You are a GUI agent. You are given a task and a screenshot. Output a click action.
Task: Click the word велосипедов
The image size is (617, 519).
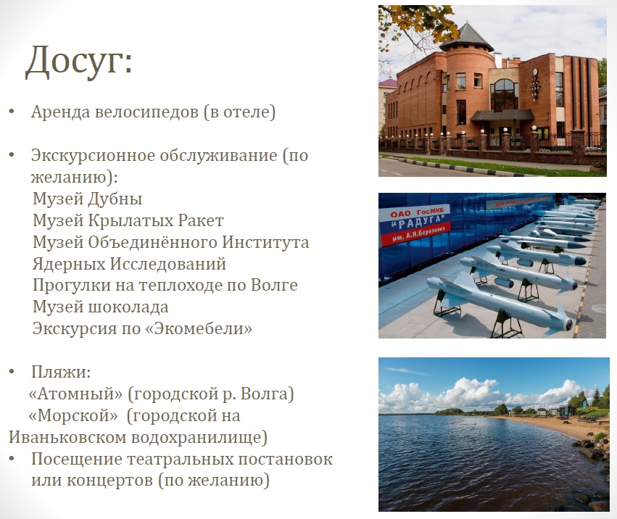click(x=146, y=112)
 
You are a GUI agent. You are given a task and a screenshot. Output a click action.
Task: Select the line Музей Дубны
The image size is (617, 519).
click(x=87, y=199)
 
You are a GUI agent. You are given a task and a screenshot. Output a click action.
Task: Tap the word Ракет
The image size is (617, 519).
click(x=201, y=220)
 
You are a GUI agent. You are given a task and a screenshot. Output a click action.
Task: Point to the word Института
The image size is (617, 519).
click(x=265, y=242)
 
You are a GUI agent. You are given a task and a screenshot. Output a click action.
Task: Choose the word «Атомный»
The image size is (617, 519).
click(x=75, y=394)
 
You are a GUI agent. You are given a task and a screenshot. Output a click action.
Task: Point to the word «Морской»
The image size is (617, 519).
click(x=73, y=415)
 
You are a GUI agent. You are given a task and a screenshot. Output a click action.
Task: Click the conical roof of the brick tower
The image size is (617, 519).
click(x=466, y=38)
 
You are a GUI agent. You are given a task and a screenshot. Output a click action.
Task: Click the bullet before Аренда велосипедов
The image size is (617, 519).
click(x=12, y=112)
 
